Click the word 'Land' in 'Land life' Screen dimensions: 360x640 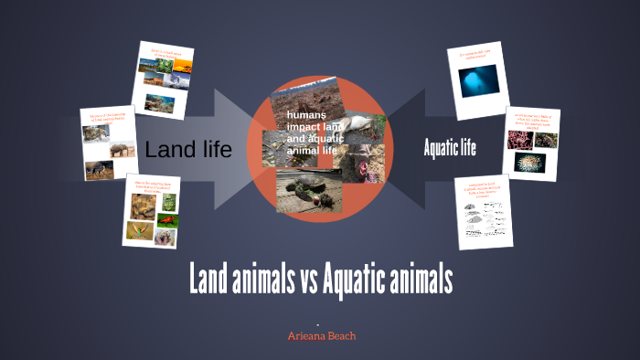tap(170, 149)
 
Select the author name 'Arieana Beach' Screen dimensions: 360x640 tap(322, 336)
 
